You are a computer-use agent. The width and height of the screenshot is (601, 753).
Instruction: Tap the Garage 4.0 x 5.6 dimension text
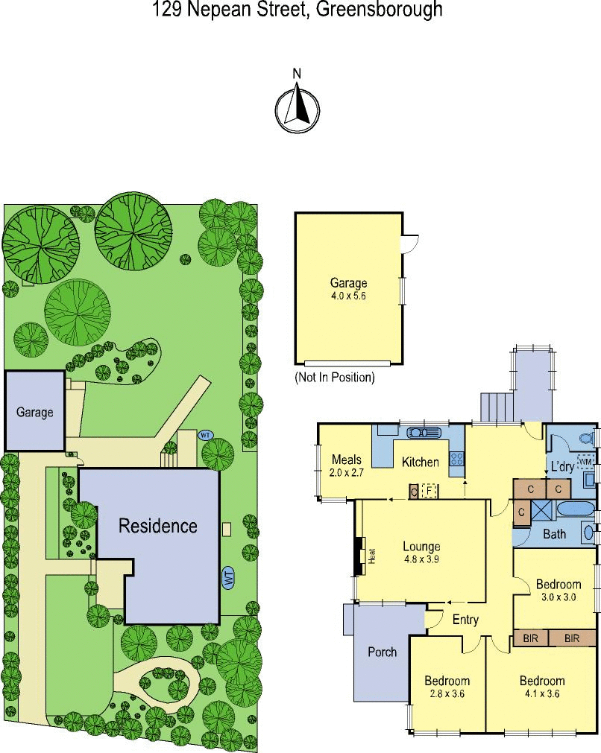click(348, 296)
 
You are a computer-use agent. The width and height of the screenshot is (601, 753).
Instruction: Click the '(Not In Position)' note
click(335, 378)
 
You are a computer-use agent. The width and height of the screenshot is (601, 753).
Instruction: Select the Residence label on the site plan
click(157, 526)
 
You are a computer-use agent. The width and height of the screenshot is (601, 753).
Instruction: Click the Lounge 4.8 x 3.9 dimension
click(421, 559)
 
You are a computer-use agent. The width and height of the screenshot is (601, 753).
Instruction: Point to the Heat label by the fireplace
click(371, 556)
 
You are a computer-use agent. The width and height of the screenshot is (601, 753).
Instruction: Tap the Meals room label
click(346, 460)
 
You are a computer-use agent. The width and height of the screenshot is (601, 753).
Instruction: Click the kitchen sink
click(424, 433)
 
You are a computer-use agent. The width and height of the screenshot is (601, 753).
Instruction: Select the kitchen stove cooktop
click(456, 459)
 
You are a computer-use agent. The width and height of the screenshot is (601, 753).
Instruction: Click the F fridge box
click(429, 492)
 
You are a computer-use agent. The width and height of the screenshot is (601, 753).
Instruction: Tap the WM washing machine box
click(585, 462)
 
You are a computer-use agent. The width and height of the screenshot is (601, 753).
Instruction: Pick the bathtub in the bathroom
click(576, 509)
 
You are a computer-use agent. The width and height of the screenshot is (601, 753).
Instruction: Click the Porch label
click(383, 652)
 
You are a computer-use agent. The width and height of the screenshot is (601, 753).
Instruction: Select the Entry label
click(465, 620)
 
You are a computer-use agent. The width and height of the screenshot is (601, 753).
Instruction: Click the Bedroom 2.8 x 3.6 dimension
click(447, 693)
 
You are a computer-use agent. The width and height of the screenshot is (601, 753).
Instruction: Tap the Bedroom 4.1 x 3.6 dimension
click(542, 693)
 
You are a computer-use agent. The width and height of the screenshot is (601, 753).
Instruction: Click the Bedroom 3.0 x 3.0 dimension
click(558, 597)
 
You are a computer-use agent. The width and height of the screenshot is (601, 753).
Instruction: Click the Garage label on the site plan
click(34, 413)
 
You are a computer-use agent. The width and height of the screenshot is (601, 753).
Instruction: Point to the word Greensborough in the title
click(380, 9)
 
